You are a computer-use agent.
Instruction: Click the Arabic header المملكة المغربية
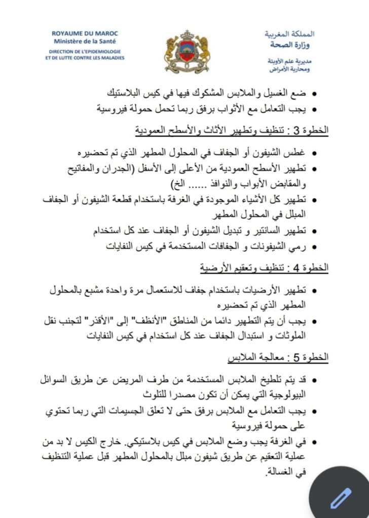pos(289,34)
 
